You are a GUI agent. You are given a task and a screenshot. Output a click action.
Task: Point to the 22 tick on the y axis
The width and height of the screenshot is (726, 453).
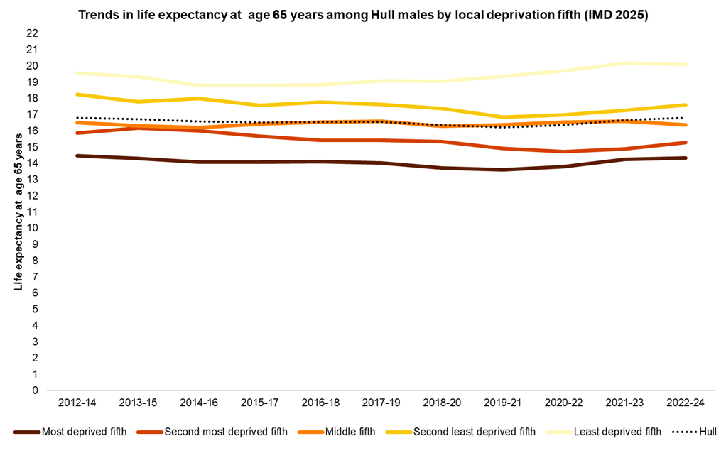tap(32, 33)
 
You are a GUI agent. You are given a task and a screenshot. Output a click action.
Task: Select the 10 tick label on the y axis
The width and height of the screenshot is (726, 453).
tap(32, 228)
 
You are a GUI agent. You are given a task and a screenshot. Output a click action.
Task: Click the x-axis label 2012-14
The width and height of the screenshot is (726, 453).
tap(77, 403)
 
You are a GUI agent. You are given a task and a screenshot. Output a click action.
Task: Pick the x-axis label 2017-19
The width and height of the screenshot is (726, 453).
tap(381, 403)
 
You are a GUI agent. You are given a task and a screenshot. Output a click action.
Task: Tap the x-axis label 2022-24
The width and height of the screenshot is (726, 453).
tap(686, 403)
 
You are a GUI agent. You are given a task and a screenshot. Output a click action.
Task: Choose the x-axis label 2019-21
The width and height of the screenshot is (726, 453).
tap(503, 403)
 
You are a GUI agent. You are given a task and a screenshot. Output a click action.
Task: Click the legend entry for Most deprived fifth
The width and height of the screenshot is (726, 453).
tap(79, 431)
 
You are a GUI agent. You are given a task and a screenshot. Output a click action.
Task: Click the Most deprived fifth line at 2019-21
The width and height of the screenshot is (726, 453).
tap(503, 170)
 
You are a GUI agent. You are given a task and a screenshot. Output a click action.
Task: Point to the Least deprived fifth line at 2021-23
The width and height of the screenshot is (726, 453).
tap(624, 63)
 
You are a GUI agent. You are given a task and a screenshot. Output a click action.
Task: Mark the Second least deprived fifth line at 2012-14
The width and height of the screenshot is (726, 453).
tap(77, 94)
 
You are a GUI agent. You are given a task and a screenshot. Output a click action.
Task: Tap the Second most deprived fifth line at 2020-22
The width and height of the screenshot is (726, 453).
tap(563, 151)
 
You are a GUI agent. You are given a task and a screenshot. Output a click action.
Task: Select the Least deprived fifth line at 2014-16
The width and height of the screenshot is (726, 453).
tap(198, 85)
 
